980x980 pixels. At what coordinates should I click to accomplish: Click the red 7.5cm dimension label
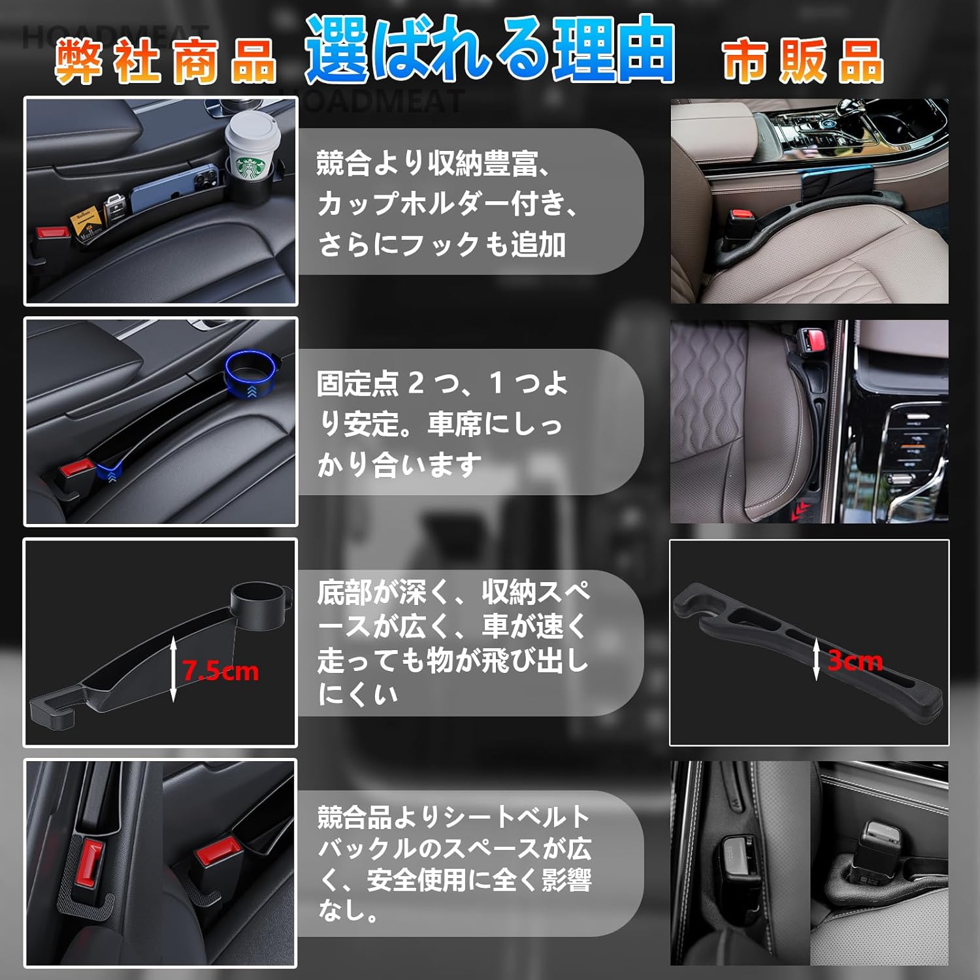220,671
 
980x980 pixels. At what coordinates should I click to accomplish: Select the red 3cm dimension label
855,661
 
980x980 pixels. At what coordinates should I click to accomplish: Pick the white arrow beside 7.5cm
173,670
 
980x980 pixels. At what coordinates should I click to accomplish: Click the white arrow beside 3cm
817,660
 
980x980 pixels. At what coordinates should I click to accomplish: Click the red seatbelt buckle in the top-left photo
52,233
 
